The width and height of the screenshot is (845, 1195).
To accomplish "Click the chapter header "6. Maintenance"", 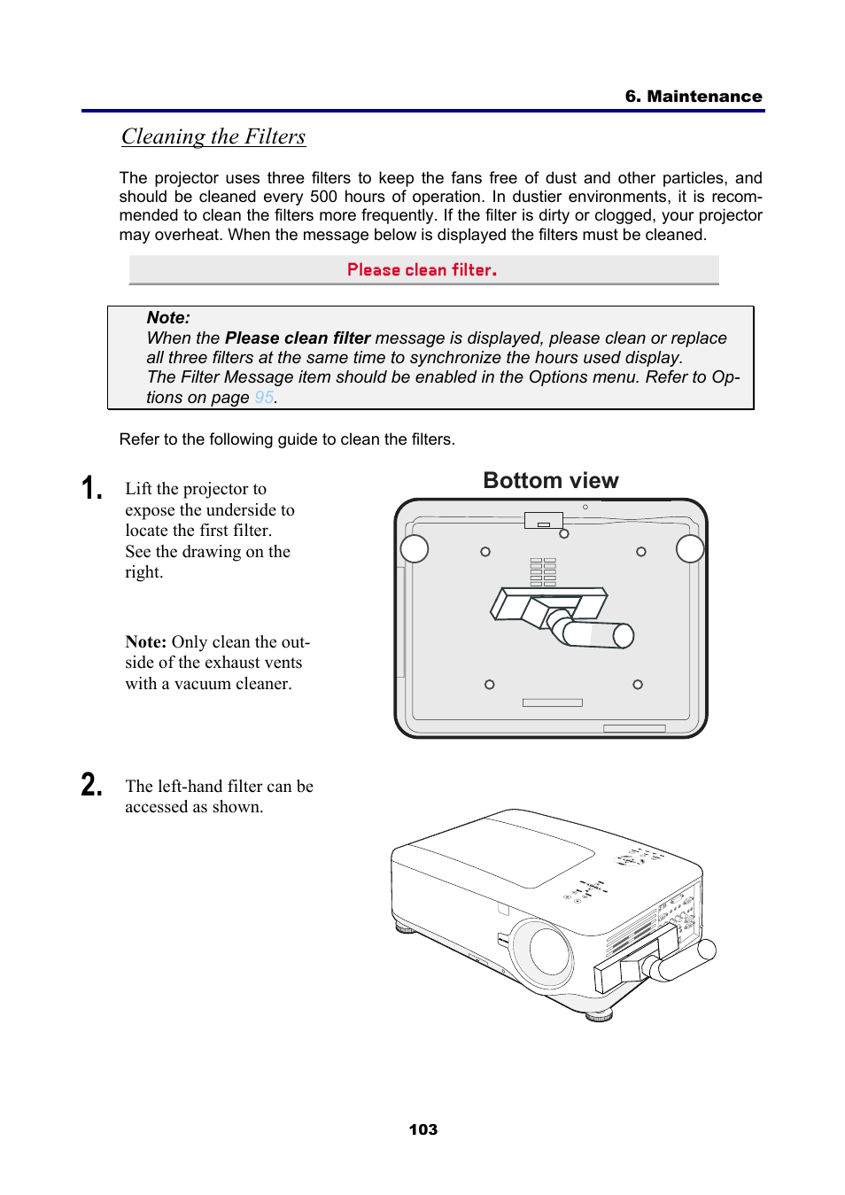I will point(693,97).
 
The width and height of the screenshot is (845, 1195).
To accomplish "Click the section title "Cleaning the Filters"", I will point(213,136).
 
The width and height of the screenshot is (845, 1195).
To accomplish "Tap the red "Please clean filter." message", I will point(422,270).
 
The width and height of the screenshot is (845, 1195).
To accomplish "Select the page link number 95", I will point(264,398).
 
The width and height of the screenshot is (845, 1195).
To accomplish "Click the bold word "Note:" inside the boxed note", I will point(168,318).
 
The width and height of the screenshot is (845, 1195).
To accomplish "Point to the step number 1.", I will point(92,488).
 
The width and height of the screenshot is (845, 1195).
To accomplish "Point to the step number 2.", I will point(92,785).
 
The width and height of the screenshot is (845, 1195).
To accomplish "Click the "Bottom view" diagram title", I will point(550,481).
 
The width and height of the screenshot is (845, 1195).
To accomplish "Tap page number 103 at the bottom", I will point(422,1129).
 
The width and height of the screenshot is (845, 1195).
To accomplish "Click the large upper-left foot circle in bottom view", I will point(415,549).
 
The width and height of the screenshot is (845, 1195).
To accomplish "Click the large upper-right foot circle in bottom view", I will point(690,549).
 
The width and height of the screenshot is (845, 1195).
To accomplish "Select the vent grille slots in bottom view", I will point(543,572).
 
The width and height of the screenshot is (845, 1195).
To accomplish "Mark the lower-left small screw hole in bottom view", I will point(490,685).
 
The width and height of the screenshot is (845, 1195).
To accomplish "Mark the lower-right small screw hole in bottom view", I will point(638,685).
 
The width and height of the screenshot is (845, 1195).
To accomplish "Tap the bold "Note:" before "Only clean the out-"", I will point(146,642).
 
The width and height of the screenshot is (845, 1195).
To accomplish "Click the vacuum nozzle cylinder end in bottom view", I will point(624,635).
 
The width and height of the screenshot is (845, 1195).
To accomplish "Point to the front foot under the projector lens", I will point(600,1015).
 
